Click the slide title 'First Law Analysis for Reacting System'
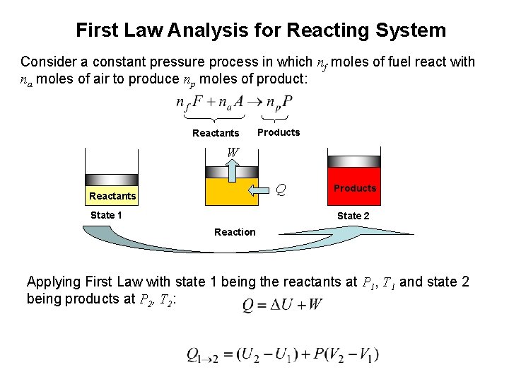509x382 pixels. tap(261, 30)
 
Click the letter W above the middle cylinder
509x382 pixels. tap(233, 151)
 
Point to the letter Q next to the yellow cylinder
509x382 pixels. tap(281, 190)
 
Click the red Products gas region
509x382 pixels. tap(353, 189)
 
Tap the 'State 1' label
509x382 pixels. tap(106, 215)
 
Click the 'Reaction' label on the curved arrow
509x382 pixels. tap(235, 232)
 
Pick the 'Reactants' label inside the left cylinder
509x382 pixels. tap(112, 196)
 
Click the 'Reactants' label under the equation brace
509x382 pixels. tap(216, 133)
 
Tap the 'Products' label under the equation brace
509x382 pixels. tap(279, 132)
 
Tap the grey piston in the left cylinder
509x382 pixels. tap(111, 178)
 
